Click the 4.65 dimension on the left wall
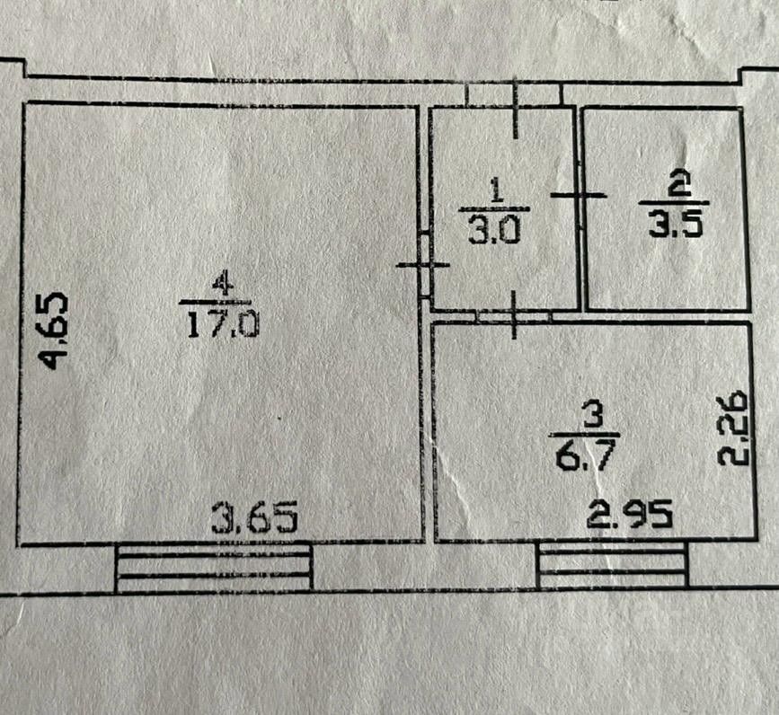point(55,330)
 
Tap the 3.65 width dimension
point(254,519)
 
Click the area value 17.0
point(222,322)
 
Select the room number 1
point(495,190)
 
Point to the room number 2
point(680,187)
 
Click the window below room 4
point(214,567)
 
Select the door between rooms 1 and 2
point(579,195)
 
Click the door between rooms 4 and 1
point(423,264)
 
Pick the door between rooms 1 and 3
point(514,315)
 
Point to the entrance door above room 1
point(515,93)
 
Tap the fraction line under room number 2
point(675,204)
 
